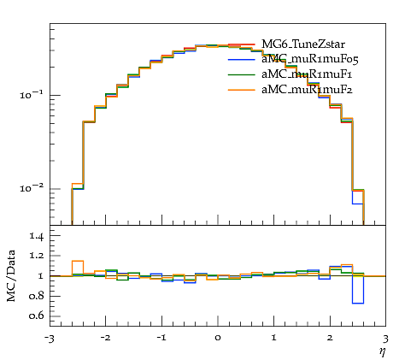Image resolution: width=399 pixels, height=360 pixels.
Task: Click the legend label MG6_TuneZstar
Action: (303, 44)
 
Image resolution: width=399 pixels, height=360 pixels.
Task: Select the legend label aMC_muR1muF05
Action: (310, 59)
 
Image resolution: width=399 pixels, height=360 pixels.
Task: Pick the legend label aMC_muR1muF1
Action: (307, 74)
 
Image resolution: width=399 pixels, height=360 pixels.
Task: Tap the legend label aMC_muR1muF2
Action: (307, 90)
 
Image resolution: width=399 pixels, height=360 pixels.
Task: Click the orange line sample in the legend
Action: (242, 90)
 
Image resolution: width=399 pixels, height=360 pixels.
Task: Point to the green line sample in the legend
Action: (242, 74)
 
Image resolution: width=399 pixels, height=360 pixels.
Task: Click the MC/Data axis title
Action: (11, 275)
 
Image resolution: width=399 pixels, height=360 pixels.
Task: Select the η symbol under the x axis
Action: (382, 351)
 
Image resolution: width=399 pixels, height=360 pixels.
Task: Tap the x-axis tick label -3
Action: (50, 339)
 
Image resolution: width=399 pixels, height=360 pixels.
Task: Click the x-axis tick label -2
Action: (105, 338)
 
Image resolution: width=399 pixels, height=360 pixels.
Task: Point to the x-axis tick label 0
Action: (218, 338)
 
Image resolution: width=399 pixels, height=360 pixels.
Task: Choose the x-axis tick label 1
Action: (274, 338)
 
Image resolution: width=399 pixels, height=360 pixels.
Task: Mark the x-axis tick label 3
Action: (385, 339)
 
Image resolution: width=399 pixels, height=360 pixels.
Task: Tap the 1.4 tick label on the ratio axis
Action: (36, 236)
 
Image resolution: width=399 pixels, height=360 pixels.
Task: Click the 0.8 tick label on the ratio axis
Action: (36, 296)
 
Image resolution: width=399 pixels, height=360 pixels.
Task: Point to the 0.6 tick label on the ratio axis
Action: (36, 316)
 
